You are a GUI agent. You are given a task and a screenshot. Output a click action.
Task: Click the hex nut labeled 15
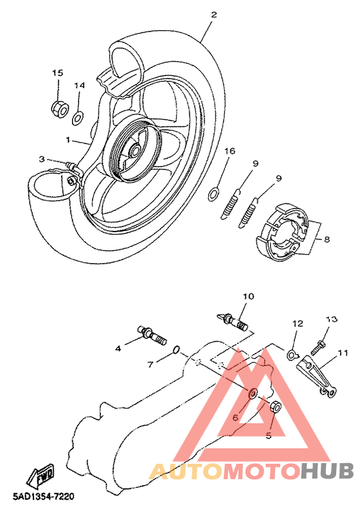[60, 109]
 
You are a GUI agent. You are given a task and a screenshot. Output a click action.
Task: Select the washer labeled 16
[213, 194]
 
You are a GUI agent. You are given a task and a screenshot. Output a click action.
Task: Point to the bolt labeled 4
[153, 336]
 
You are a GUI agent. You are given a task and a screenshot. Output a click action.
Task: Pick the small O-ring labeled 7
[176, 350]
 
